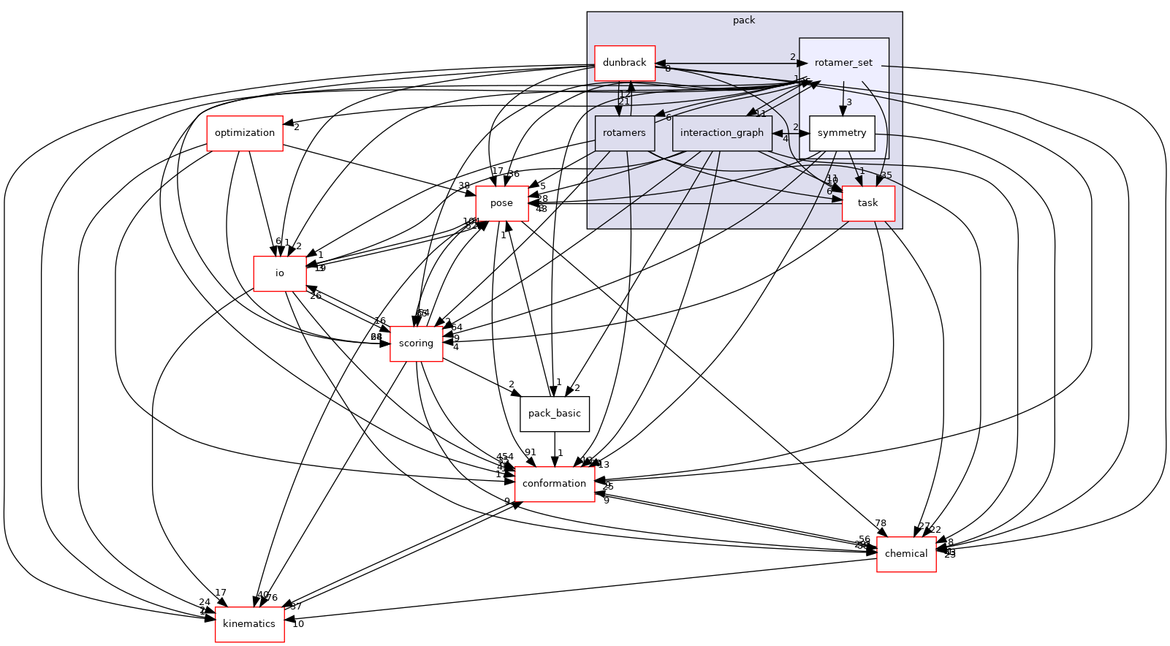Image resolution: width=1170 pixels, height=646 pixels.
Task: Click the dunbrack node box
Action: click(x=624, y=63)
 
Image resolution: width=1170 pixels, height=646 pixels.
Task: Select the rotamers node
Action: click(x=624, y=133)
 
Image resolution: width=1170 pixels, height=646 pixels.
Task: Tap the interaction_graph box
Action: click(x=721, y=133)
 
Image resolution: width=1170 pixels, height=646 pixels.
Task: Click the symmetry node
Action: click(x=842, y=133)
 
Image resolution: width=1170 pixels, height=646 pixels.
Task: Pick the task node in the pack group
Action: click(x=867, y=203)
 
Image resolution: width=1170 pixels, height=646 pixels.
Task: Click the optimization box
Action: click(x=245, y=133)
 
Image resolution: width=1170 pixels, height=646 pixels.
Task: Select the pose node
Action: click(x=501, y=203)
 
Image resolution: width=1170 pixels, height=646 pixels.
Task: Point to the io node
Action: click(x=279, y=273)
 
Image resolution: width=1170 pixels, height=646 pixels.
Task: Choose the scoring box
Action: click(x=416, y=343)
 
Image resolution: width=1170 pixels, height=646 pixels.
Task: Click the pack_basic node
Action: click(x=554, y=414)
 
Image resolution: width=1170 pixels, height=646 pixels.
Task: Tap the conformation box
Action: click(x=554, y=484)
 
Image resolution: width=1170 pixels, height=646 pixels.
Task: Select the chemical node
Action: click(x=905, y=554)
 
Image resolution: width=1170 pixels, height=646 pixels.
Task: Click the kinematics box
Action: click(x=248, y=624)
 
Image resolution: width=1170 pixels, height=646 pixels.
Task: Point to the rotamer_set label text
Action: click(x=843, y=63)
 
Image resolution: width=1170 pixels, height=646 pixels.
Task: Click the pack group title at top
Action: click(x=744, y=20)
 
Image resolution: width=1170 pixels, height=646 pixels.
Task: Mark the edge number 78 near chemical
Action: click(x=881, y=523)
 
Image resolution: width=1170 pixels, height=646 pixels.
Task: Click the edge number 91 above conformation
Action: click(x=531, y=452)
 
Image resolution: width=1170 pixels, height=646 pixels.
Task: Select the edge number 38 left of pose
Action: click(x=464, y=186)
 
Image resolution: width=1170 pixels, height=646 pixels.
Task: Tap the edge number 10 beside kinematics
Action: click(x=298, y=624)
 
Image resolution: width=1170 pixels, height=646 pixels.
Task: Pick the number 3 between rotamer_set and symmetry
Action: click(x=849, y=102)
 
